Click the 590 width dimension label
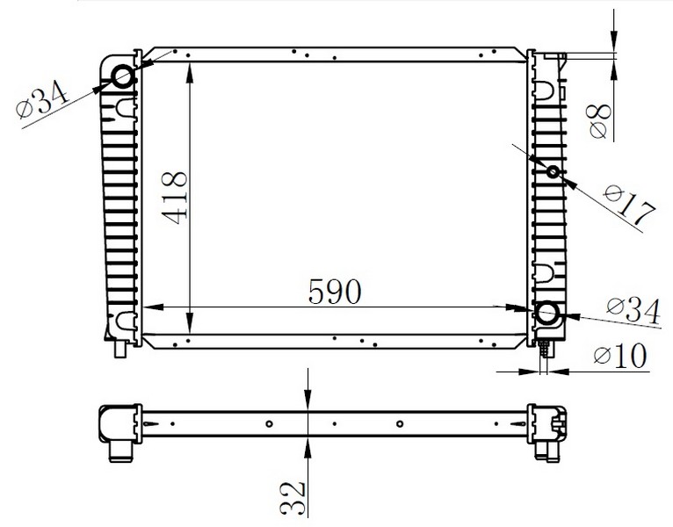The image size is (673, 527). point(335,292)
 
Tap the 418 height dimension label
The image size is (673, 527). point(175,199)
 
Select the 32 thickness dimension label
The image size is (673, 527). point(293,498)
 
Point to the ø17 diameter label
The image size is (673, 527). point(630,205)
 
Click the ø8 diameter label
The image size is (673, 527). point(600,121)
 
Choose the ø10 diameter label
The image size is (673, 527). point(620,356)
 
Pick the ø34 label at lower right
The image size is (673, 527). point(633,311)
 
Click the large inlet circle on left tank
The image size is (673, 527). point(123,76)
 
